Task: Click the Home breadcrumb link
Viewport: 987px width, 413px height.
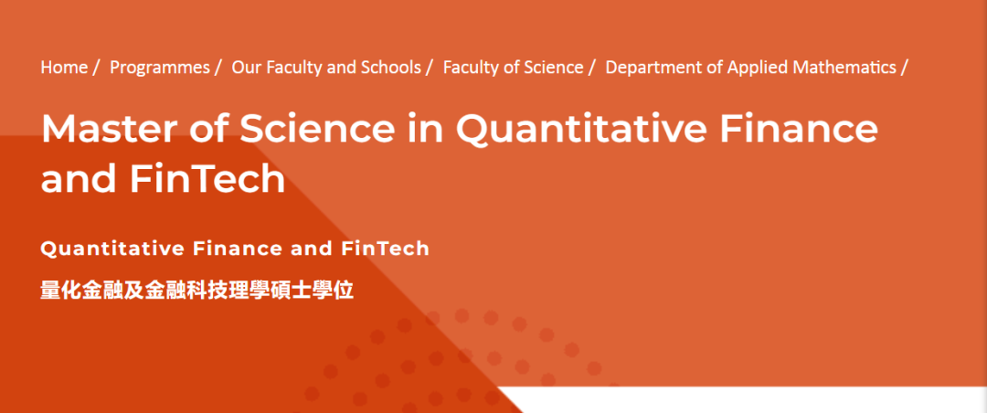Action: [64, 68]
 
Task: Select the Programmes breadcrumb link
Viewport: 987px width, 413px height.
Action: [160, 68]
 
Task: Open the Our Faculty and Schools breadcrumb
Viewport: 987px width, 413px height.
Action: [326, 68]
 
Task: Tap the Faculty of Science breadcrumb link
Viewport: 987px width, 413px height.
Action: [513, 68]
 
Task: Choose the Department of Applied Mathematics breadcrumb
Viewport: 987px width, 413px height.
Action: [750, 68]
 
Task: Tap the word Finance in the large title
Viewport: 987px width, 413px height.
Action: [799, 129]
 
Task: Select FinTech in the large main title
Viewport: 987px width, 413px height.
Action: [207, 179]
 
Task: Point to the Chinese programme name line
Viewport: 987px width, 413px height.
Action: [197, 291]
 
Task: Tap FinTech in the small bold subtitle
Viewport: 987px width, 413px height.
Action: [386, 249]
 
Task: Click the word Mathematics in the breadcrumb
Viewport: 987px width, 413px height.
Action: [845, 68]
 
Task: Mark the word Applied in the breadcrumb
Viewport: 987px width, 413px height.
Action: [758, 68]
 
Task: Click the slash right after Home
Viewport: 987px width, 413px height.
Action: [96, 68]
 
